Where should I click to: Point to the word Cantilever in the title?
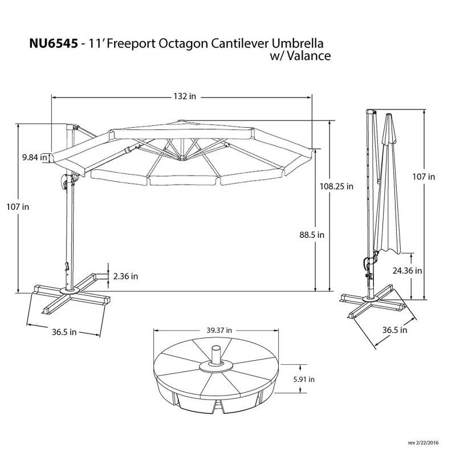239,44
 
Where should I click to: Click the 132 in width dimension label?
183,97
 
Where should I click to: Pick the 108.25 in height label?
336,186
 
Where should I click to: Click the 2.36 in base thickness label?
126,276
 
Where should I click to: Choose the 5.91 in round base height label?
304,378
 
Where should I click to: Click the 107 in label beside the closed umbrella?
424,177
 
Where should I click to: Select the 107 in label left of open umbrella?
18,207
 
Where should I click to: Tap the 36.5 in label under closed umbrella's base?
394,330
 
